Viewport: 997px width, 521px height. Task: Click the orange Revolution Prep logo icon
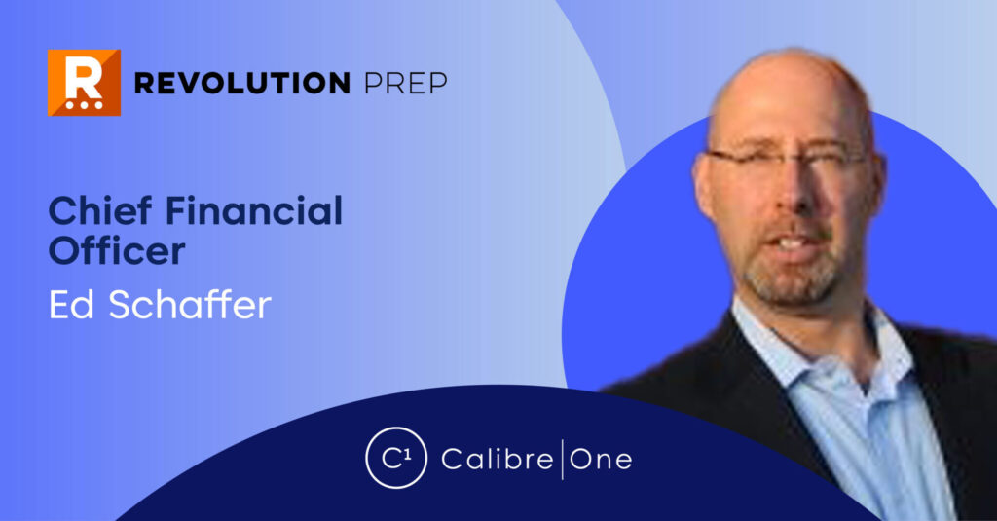point(84,83)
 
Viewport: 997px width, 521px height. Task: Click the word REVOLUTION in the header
point(241,84)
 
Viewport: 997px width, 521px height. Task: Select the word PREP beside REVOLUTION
point(405,84)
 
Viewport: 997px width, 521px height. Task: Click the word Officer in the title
point(117,251)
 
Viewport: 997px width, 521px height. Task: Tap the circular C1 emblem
point(395,458)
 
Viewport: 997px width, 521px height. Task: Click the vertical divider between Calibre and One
point(562,459)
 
